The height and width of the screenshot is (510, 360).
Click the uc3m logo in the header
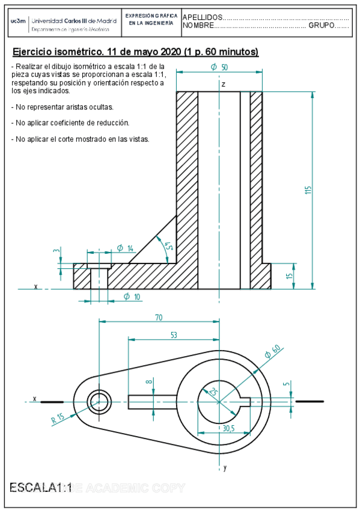click(x=18, y=21)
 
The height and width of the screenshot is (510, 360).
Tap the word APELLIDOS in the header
click(x=202, y=17)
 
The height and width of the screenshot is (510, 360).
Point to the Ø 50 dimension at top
click(x=219, y=67)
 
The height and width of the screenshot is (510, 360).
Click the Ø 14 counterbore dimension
click(x=125, y=248)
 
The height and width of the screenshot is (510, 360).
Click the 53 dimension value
click(x=173, y=336)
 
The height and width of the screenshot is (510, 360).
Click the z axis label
click(x=224, y=85)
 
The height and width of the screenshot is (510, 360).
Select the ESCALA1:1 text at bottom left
click(x=41, y=488)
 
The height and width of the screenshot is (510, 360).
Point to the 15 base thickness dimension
click(x=288, y=276)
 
